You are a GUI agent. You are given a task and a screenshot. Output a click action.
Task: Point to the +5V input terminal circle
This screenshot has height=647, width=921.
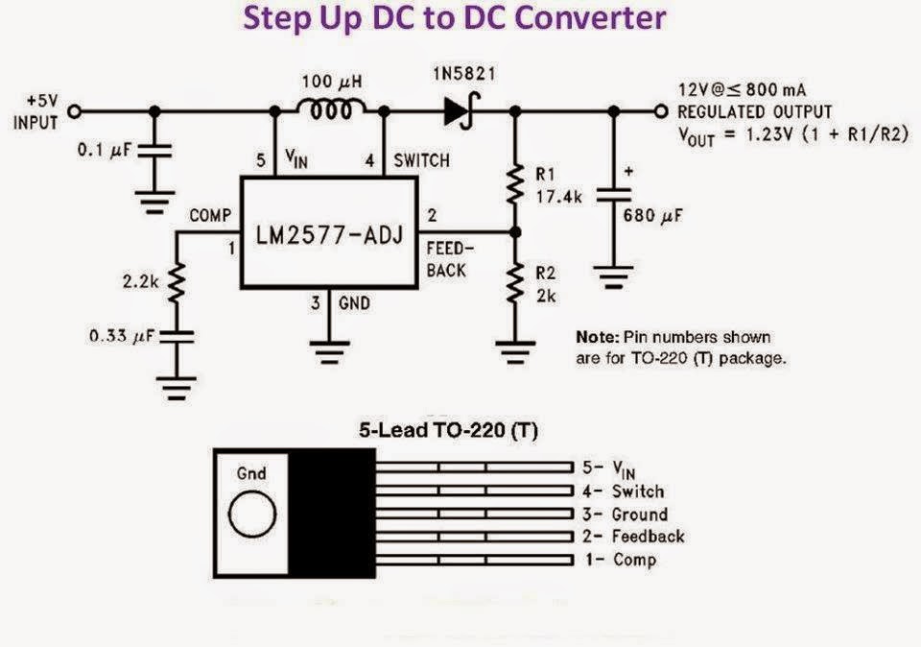[x=74, y=111]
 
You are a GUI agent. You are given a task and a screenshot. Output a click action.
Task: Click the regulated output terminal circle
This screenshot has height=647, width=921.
[x=659, y=111]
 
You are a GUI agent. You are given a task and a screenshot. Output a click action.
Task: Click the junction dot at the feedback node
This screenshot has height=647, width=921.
[x=516, y=232]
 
